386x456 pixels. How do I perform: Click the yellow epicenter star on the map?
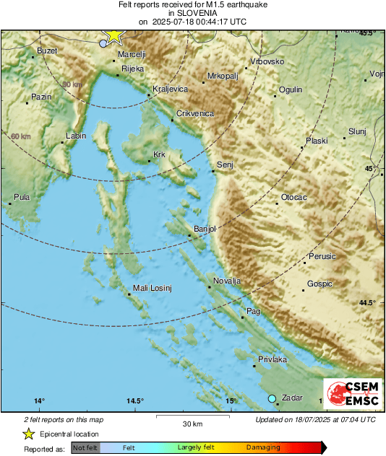(x=113, y=36)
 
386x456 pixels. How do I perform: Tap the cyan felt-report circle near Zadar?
(x=273, y=398)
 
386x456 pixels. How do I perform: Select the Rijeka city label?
(x=132, y=69)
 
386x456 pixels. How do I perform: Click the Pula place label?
(x=22, y=197)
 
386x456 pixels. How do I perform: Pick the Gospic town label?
(x=319, y=284)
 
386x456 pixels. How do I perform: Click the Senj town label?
(x=226, y=165)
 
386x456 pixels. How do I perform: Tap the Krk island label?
(x=159, y=154)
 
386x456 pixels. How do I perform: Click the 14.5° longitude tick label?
(x=135, y=401)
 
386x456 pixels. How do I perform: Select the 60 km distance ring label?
(x=21, y=136)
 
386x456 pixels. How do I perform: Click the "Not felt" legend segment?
(x=85, y=448)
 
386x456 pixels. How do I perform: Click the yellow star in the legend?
(x=28, y=434)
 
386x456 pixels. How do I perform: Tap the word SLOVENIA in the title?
(x=192, y=13)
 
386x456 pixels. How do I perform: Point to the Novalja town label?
(x=227, y=281)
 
